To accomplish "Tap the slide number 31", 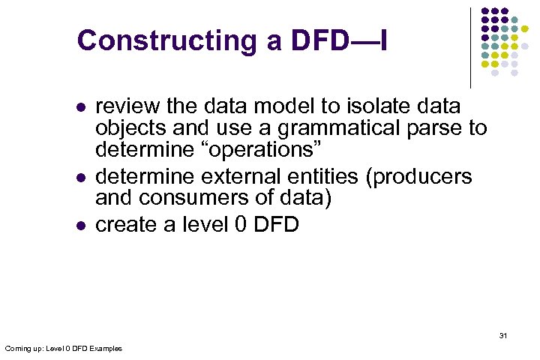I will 502,335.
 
